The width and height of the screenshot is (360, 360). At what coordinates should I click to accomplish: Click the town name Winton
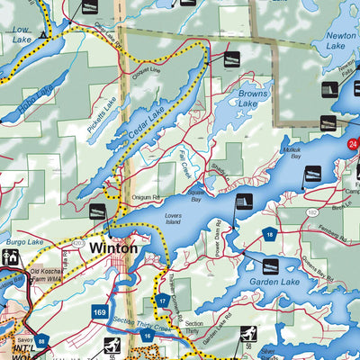tap(113, 247)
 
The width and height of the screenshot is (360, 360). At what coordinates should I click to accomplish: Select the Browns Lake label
tap(256, 98)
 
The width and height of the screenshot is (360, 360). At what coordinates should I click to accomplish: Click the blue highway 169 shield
tap(102, 312)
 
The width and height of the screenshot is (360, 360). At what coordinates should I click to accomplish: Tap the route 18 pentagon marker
tap(269, 235)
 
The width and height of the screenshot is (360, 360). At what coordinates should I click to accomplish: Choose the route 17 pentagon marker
tap(162, 301)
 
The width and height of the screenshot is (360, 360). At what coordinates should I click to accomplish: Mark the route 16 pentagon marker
tap(148, 335)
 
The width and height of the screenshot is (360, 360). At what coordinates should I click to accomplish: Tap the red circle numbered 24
tap(354, 144)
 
